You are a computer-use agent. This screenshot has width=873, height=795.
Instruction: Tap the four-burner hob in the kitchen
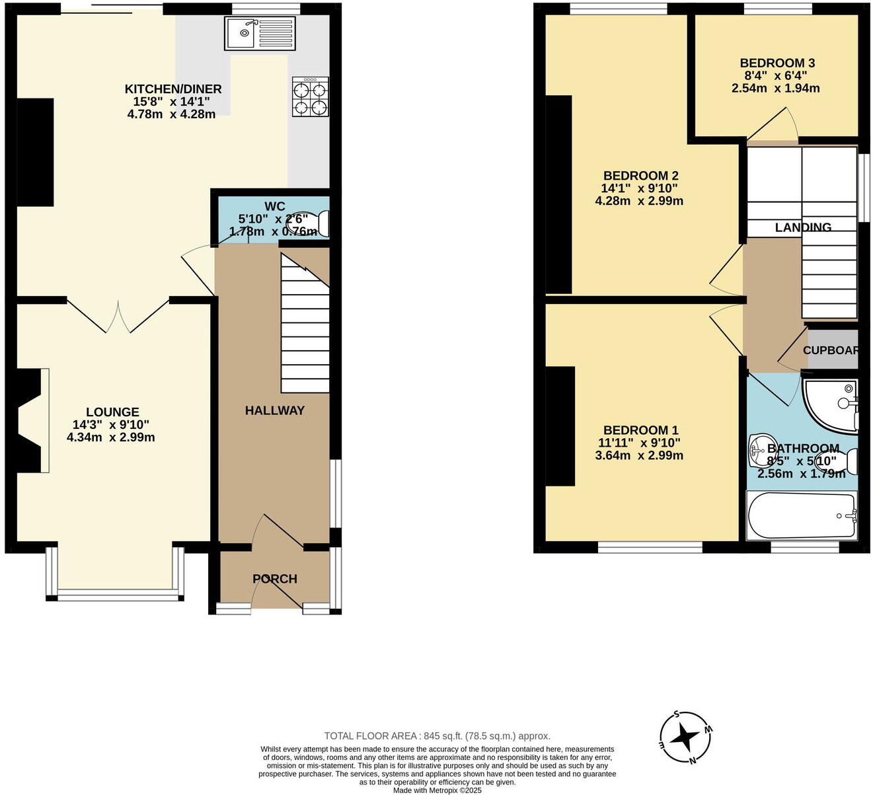pos(310,96)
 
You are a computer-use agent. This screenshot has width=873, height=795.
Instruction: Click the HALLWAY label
pos(274,410)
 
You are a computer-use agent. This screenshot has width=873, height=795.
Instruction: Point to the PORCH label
pos(274,579)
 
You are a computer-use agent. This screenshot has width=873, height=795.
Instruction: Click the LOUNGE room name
pos(112,412)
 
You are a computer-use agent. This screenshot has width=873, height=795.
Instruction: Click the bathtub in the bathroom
pos(802,515)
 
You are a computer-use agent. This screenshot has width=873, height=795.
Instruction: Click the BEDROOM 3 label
pos(777,63)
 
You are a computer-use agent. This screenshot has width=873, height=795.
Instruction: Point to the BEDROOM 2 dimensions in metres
pos(639,201)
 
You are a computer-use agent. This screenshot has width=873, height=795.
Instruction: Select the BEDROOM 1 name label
pos(640,430)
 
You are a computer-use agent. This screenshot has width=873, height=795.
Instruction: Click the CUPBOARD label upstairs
pos(831,350)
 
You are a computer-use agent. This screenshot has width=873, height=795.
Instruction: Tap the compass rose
pos(686,737)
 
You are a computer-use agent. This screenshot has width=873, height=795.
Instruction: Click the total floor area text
pos(437,736)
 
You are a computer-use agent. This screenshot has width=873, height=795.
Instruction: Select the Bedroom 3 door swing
pos(777,126)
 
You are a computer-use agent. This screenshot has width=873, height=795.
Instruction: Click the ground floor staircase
pos(305,324)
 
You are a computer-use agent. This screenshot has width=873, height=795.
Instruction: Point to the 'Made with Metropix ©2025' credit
pos(437,790)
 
